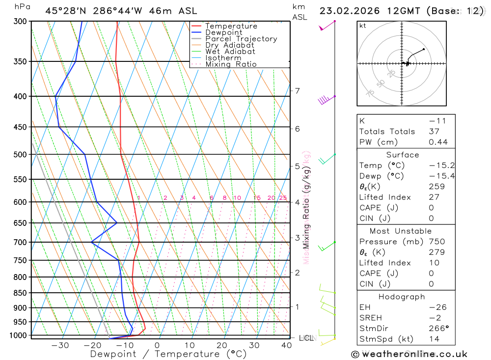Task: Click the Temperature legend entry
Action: point(231,26)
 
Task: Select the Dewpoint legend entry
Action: point(223,32)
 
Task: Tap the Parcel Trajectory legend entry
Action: point(241,39)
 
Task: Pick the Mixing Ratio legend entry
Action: point(231,64)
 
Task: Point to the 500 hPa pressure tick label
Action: point(20,155)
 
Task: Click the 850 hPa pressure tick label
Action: point(20,293)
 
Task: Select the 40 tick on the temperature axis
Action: point(287,345)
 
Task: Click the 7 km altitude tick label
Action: point(297,91)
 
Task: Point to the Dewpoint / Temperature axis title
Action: point(168,354)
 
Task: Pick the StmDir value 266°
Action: point(438,329)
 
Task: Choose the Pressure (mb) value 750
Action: point(436,242)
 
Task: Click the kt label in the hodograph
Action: point(363,26)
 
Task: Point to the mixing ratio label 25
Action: point(283,198)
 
